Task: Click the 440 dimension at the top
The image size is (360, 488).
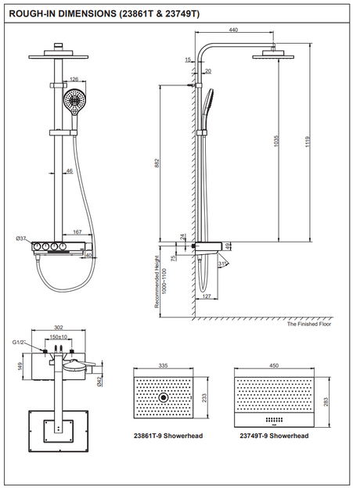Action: point(233,30)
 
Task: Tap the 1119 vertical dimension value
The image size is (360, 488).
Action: point(308,142)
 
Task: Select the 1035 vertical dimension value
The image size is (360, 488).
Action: point(277,141)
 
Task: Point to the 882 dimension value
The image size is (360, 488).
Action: point(157,163)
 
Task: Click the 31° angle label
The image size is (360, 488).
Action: point(222,264)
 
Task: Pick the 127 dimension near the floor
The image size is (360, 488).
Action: point(207,296)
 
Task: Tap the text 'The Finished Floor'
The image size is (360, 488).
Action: point(309,324)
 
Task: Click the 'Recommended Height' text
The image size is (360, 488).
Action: point(157,282)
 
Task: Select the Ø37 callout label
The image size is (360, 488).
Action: point(21,239)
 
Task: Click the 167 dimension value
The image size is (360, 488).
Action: point(77,231)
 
